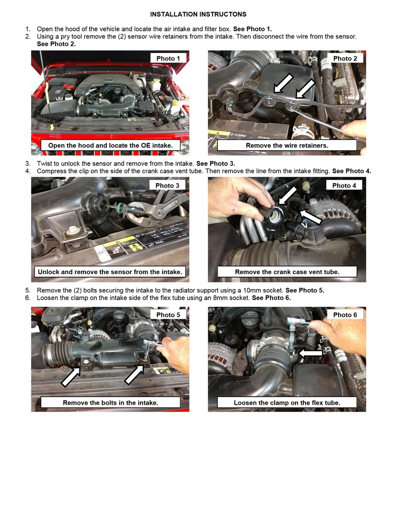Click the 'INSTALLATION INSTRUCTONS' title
point(198,14)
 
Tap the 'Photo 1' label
point(168,58)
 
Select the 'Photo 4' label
point(344,186)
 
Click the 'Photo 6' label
point(345,315)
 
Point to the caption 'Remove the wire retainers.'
point(287,145)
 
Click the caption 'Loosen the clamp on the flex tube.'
point(287,403)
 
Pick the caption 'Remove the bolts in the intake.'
point(110,403)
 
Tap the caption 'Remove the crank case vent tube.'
point(287,272)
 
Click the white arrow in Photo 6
point(310,353)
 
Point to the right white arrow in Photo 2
point(305,88)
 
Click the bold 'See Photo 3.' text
point(216,163)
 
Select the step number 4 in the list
point(28,171)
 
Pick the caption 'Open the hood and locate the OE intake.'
point(110,145)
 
